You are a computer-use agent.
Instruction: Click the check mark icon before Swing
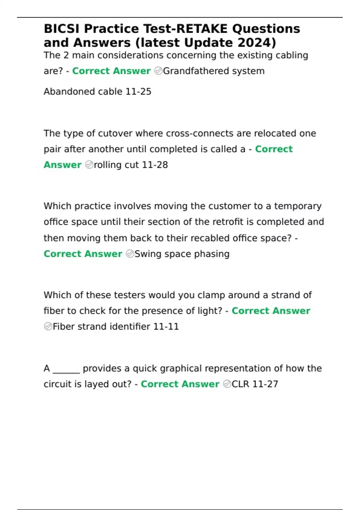(x=130, y=254)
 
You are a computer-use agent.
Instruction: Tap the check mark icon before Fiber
(x=48, y=326)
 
